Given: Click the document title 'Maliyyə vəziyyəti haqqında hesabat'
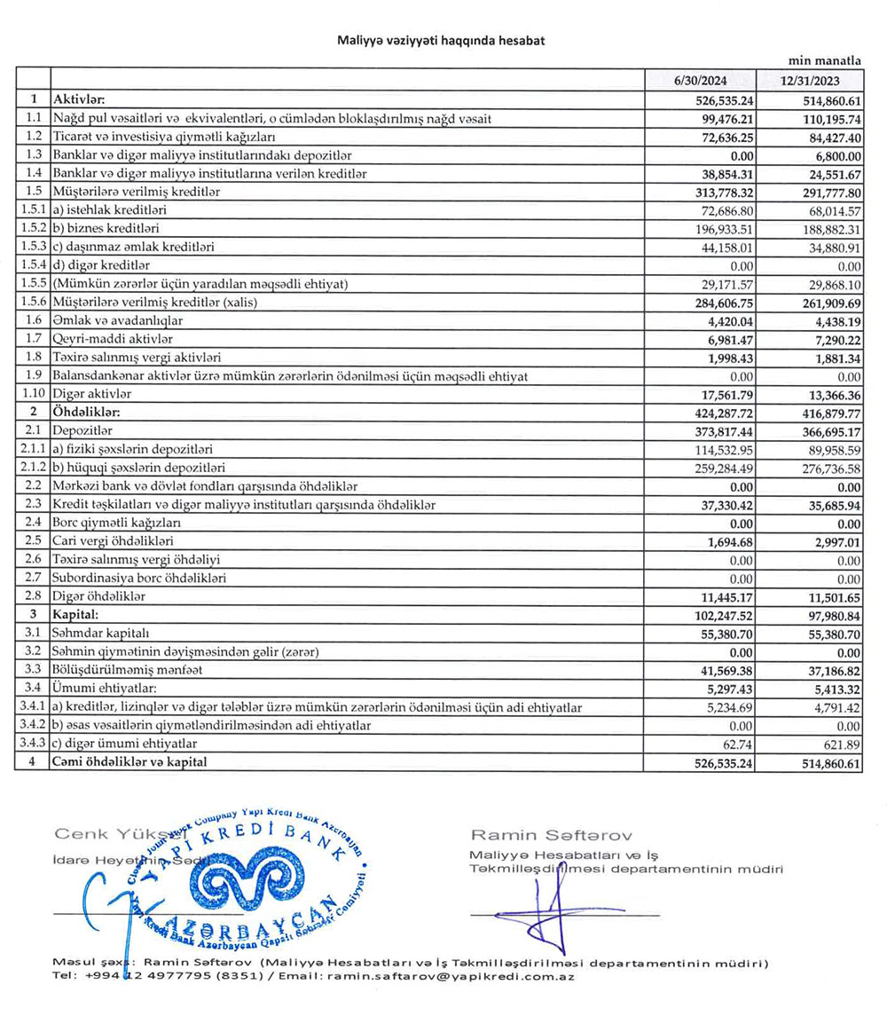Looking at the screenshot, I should (441, 41).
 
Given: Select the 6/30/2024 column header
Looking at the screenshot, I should (701, 80).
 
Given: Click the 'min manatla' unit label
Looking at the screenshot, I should (825, 61).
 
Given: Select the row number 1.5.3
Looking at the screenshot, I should (33, 246).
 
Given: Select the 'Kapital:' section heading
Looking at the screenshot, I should (75, 614).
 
